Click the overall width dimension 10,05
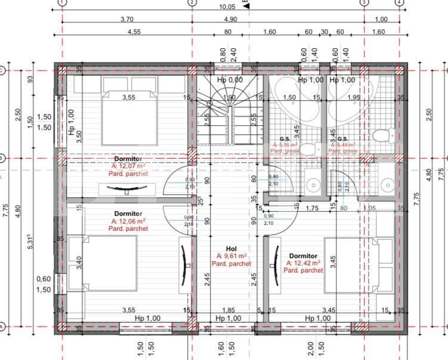[x=227, y=7]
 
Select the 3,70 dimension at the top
[x=126, y=19]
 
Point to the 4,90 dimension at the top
[x=230, y=19]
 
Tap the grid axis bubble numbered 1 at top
[x=63, y=2]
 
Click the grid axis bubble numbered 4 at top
[x=398, y=2]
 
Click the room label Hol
[x=231, y=249]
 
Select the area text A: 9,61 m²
[x=231, y=256]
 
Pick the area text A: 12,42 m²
[x=303, y=262]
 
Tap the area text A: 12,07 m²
[x=128, y=166]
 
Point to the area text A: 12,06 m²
[x=128, y=221]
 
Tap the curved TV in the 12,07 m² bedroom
[x=127, y=190]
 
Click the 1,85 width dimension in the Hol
[x=228, y=310]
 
